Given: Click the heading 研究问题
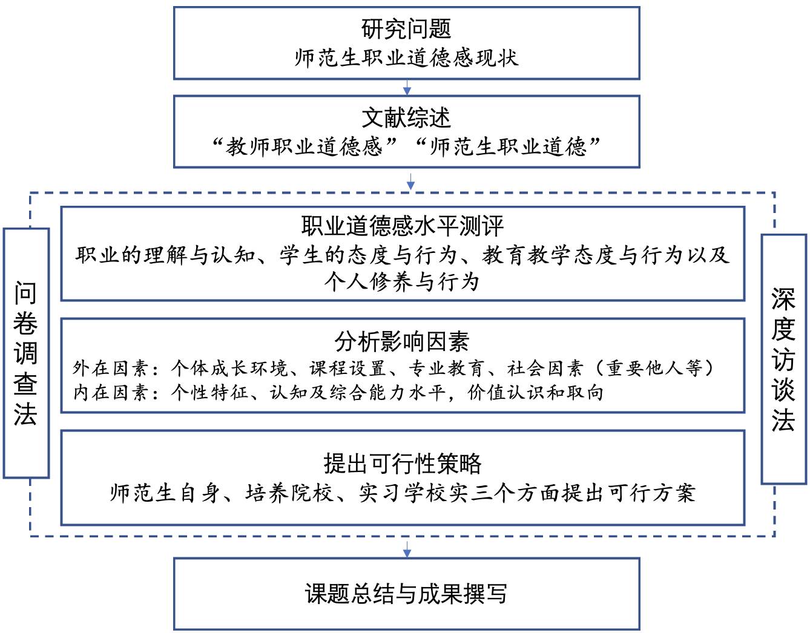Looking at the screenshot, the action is pyautogui.click(x=406, y=28).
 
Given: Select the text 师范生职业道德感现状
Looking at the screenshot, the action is pyautogui.click(x=406, y=58).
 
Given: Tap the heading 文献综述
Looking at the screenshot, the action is pyautogui.click(x=406, y=117).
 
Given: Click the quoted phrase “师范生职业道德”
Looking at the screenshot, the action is pyautogui.click(x=507, y=146).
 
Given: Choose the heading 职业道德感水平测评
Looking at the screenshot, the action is pyautogui.click(x=403, y=226).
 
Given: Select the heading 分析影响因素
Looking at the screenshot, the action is pyautogui.click(x=402, y=342).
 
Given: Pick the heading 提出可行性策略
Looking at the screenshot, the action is pyautogui.click(x=403, y=464).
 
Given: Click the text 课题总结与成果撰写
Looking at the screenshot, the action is pyautogui.click(x=406, y=594).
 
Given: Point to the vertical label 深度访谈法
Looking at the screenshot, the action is pyautogui.click(x=783, y=359).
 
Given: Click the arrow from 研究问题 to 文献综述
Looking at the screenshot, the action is pyautogui.click(x=407, y=88).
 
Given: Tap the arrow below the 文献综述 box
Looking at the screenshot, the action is pyautogui.click(x=410, y=181).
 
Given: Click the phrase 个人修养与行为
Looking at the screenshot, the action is pyautogui.click(x=402, y=282).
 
